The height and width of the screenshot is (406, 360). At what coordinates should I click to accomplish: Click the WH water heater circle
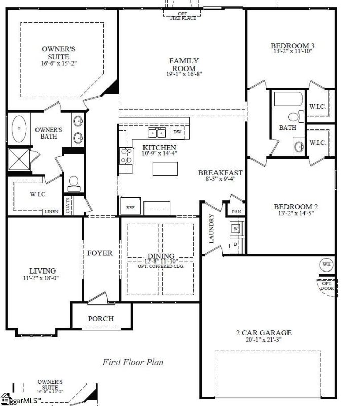point(326,264)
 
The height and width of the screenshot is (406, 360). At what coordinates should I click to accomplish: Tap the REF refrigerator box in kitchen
point(130,207)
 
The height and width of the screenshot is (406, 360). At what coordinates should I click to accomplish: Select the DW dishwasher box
point(177,132)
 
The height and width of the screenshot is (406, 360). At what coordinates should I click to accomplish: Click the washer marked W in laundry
point(236,228)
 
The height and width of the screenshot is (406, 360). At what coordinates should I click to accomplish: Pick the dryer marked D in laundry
point(236,244)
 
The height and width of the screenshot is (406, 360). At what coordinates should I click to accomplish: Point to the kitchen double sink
point(157,133)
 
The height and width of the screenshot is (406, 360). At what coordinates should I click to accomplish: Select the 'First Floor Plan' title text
point(132,362)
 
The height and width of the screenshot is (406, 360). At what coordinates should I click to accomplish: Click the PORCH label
point(101,319)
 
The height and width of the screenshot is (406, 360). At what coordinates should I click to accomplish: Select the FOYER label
point(99,253)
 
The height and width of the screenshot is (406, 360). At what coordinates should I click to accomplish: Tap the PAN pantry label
point(236,212)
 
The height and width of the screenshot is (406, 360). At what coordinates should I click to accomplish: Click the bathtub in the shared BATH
point(288,99)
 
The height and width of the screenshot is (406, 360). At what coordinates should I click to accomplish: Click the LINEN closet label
point(51,212)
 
